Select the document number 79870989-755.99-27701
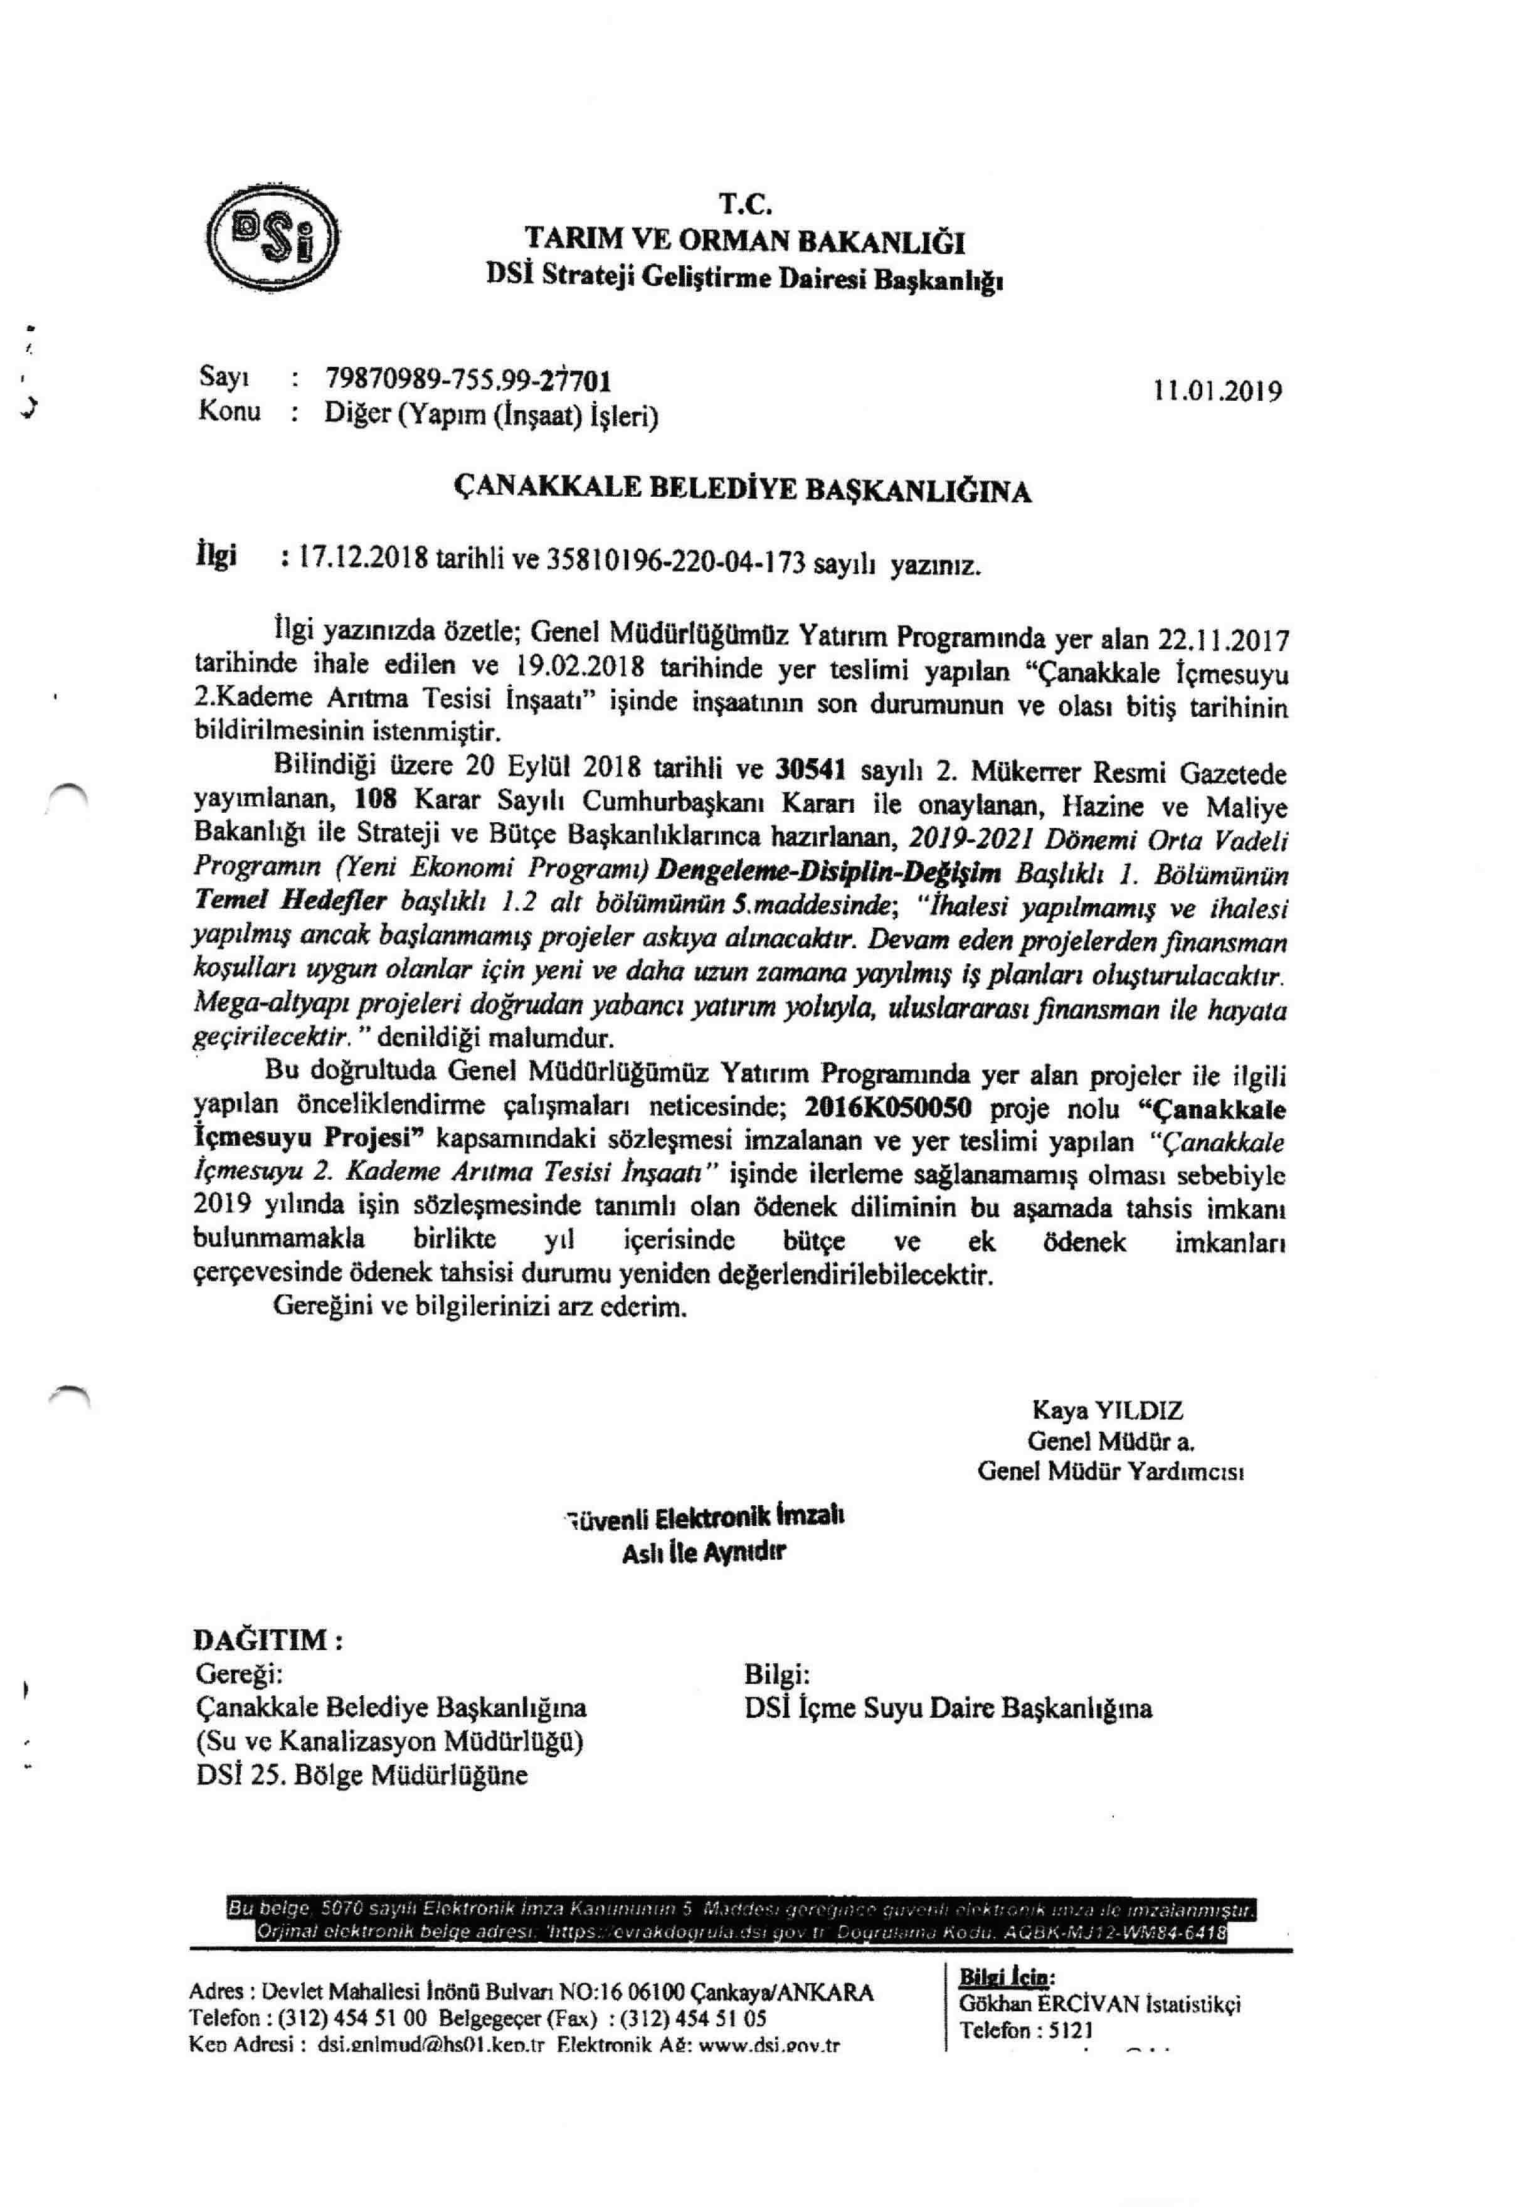(468, 381)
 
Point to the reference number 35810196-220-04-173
(675, 563)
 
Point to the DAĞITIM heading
(268, 1640)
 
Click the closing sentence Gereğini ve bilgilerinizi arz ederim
(480, 1307)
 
